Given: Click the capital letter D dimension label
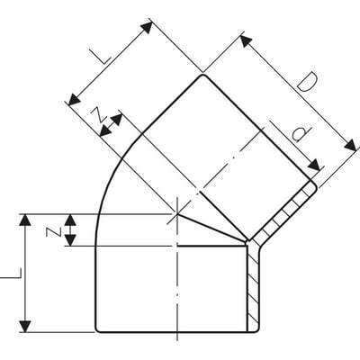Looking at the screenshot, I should [308, 87].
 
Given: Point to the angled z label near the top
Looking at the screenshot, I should [96, 114].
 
